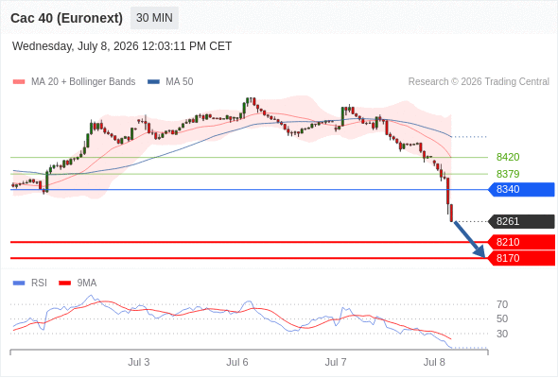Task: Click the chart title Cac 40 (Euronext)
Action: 66,18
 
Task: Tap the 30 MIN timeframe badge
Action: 154,18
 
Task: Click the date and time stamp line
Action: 122,46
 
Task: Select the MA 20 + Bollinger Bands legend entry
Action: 74,82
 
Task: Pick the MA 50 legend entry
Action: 170,82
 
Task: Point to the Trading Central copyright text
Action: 479,82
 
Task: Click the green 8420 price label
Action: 508,157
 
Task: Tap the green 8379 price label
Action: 508,174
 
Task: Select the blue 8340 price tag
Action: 521,190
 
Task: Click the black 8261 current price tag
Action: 521,221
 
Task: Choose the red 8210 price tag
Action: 521,242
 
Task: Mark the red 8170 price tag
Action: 521,258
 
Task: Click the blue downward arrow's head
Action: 480,252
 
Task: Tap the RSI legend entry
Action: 30,283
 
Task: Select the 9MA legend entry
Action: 78,283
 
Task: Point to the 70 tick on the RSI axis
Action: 502,304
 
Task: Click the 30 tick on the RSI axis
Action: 502,334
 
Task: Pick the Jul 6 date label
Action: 237,362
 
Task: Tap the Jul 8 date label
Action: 434,362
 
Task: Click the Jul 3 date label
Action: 139,362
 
